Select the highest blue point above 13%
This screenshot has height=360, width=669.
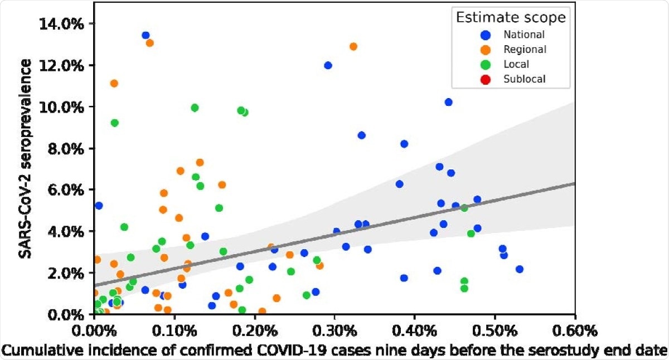click(x=146, y=35)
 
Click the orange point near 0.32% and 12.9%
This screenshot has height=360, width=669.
click(x=353, y=46)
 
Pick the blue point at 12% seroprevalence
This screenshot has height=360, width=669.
click(x=328, y=65)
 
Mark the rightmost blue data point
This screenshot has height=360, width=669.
click(x=520, y=269)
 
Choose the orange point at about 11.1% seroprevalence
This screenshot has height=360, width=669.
click(x=114, y=84)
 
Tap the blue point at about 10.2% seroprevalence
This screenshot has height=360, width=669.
click(x=448, y=102)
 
